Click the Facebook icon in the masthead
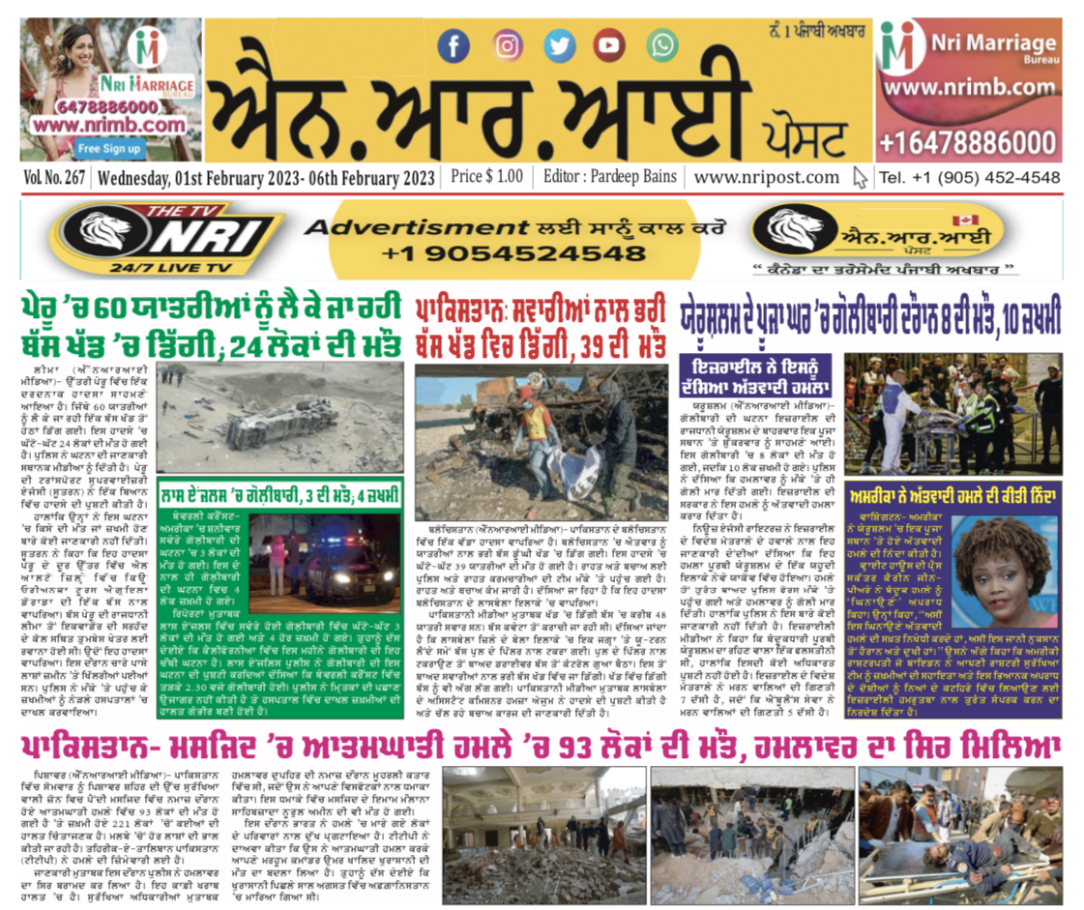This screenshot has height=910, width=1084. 453,45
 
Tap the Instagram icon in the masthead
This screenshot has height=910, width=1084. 506,45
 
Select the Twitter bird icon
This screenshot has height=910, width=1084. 558,45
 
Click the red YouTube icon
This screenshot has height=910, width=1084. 609,45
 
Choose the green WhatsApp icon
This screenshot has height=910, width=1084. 662,45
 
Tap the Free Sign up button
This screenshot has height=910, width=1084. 108,149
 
